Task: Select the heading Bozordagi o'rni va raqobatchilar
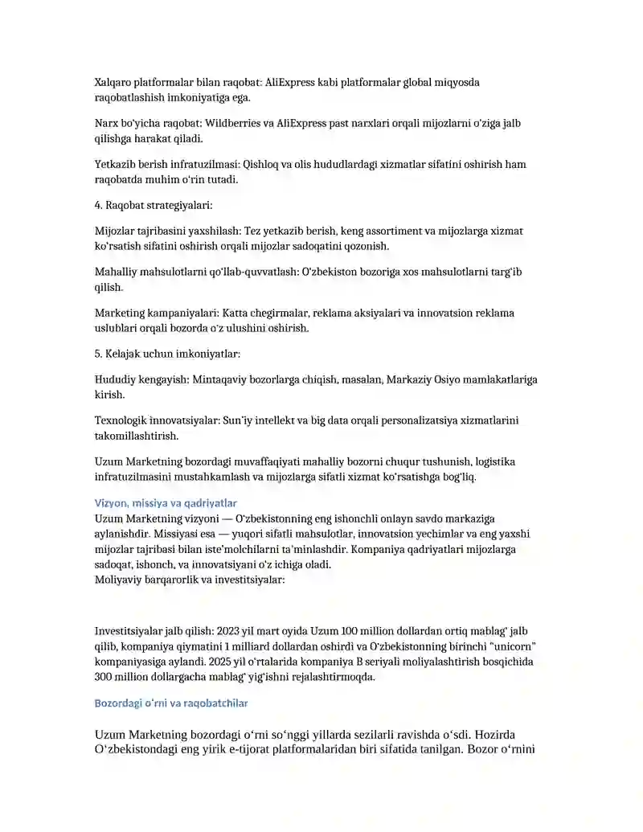point(171,703)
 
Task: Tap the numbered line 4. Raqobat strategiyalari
point(154,205)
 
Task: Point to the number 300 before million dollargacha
point(104,677)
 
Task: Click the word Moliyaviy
point(118,580)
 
